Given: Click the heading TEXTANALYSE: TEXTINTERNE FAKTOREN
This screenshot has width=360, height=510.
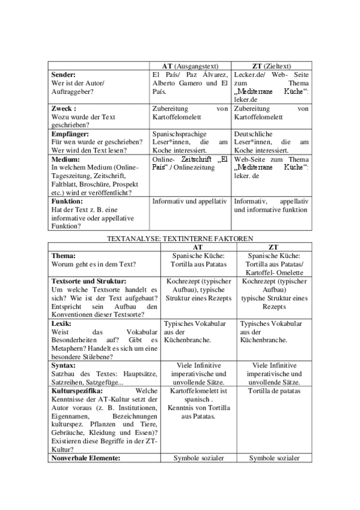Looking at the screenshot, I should pos(180,238).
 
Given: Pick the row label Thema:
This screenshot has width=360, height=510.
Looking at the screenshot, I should pos(64,255).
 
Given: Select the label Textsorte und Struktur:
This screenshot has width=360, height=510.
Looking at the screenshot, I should pos(88,280).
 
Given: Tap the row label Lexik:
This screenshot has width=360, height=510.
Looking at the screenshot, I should pos(62,323).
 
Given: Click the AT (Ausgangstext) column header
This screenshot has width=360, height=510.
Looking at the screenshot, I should pos(190,66).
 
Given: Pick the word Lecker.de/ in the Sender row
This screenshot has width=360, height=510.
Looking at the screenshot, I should pos(250,74).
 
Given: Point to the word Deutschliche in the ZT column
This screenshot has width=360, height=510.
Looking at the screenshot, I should pos(254,134).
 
